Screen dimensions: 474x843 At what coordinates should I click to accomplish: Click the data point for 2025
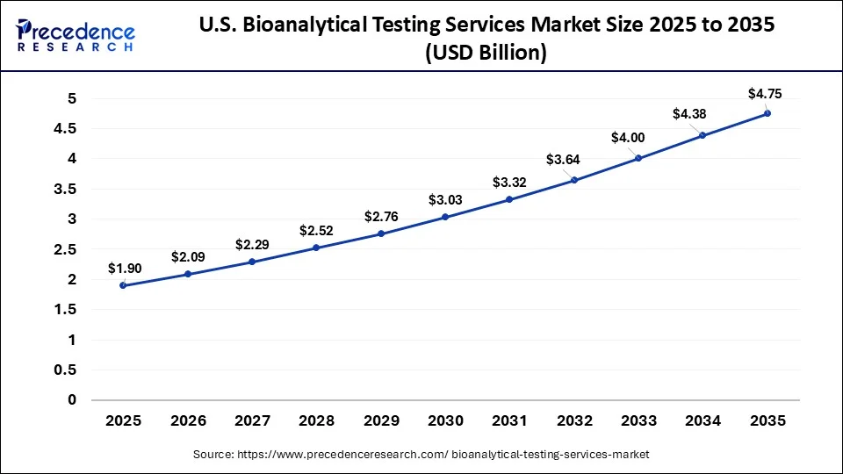123,285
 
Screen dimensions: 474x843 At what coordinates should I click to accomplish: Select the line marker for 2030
445,217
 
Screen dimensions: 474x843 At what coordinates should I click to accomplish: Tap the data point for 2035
767,113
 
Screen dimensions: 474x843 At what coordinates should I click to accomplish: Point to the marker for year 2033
638,158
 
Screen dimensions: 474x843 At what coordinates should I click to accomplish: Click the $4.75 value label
765,93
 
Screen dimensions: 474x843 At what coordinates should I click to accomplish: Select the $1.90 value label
125,268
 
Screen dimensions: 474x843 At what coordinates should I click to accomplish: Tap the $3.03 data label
446,199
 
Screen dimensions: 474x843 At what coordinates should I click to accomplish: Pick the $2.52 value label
317,230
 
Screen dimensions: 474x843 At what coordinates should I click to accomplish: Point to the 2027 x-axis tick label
252,421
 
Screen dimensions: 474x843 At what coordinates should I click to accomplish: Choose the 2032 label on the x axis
574,421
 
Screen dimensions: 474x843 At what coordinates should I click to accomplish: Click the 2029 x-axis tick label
381,421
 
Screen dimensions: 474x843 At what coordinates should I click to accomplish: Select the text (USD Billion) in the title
486,54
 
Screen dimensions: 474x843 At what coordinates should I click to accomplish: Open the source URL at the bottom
421,454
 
